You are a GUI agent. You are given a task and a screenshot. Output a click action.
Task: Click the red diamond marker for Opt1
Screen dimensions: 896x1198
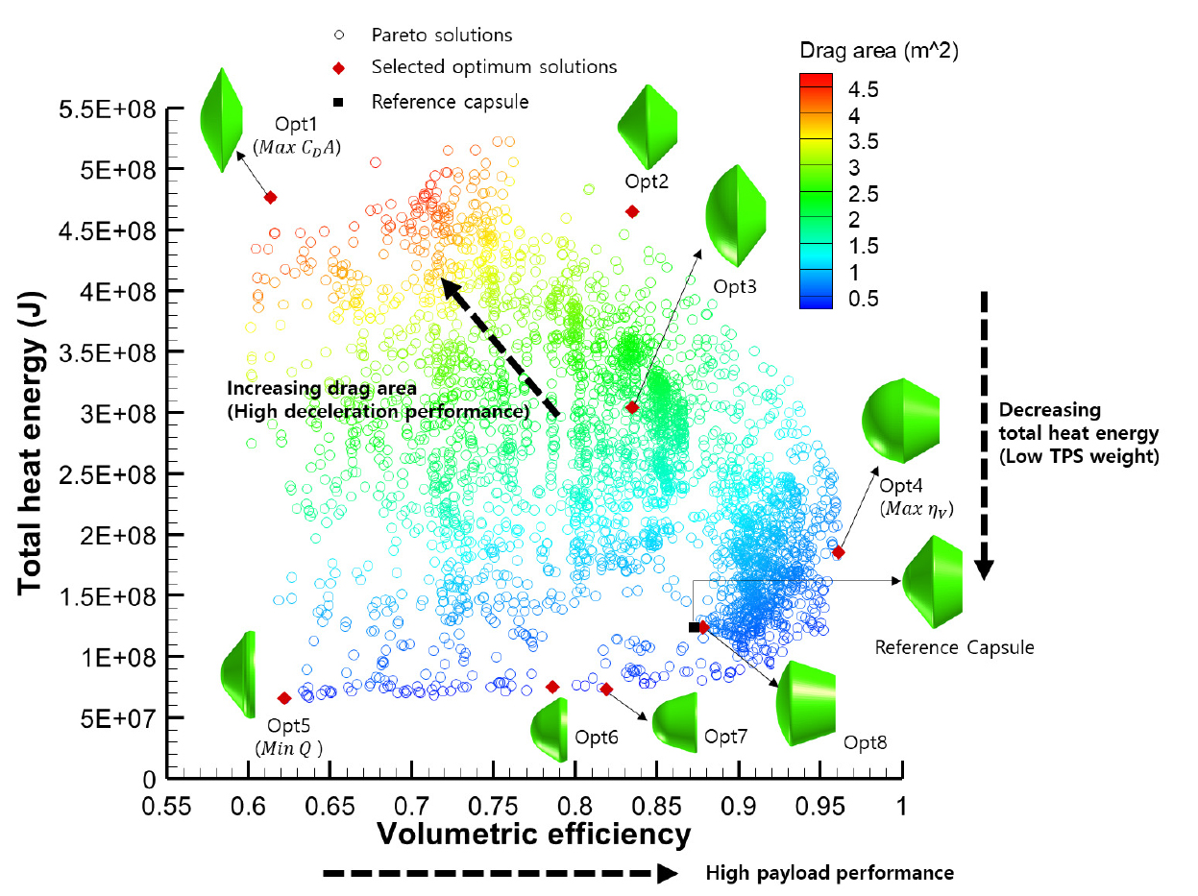[x=271, y=197]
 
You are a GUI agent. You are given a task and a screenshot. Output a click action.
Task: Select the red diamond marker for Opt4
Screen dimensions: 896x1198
[x=839, y=552]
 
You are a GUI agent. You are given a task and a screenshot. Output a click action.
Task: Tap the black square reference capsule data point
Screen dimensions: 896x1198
[x=694, y=627]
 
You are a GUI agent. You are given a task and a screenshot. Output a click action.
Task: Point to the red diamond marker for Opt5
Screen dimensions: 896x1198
[x=284, y=698]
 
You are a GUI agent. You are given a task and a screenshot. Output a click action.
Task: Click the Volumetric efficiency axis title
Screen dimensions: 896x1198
[x=533, y=834]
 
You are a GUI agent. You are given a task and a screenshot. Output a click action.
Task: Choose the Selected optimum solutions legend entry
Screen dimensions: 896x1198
[x=494, y=67]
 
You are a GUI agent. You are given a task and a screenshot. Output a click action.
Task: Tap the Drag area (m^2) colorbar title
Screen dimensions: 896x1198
[x=878, y=50]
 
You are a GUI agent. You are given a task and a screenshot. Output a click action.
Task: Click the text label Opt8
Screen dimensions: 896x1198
[x=866, y=742]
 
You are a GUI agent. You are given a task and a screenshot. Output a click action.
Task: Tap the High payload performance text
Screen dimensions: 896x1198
[x=829, y=873]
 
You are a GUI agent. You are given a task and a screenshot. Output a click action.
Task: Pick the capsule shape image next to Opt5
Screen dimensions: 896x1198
[x=238, y=670]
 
